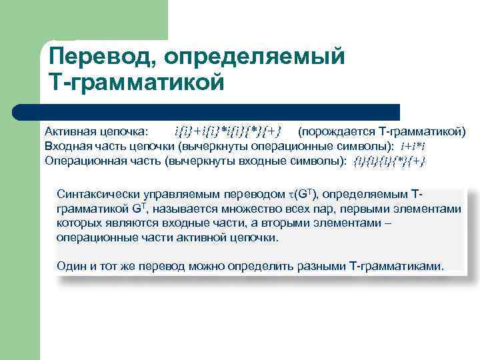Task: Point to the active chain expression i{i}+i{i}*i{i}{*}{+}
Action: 227,129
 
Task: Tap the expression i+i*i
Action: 413,145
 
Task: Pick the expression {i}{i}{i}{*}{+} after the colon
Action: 389,161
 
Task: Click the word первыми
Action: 365,209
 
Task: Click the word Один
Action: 72,266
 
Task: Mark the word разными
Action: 323,266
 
